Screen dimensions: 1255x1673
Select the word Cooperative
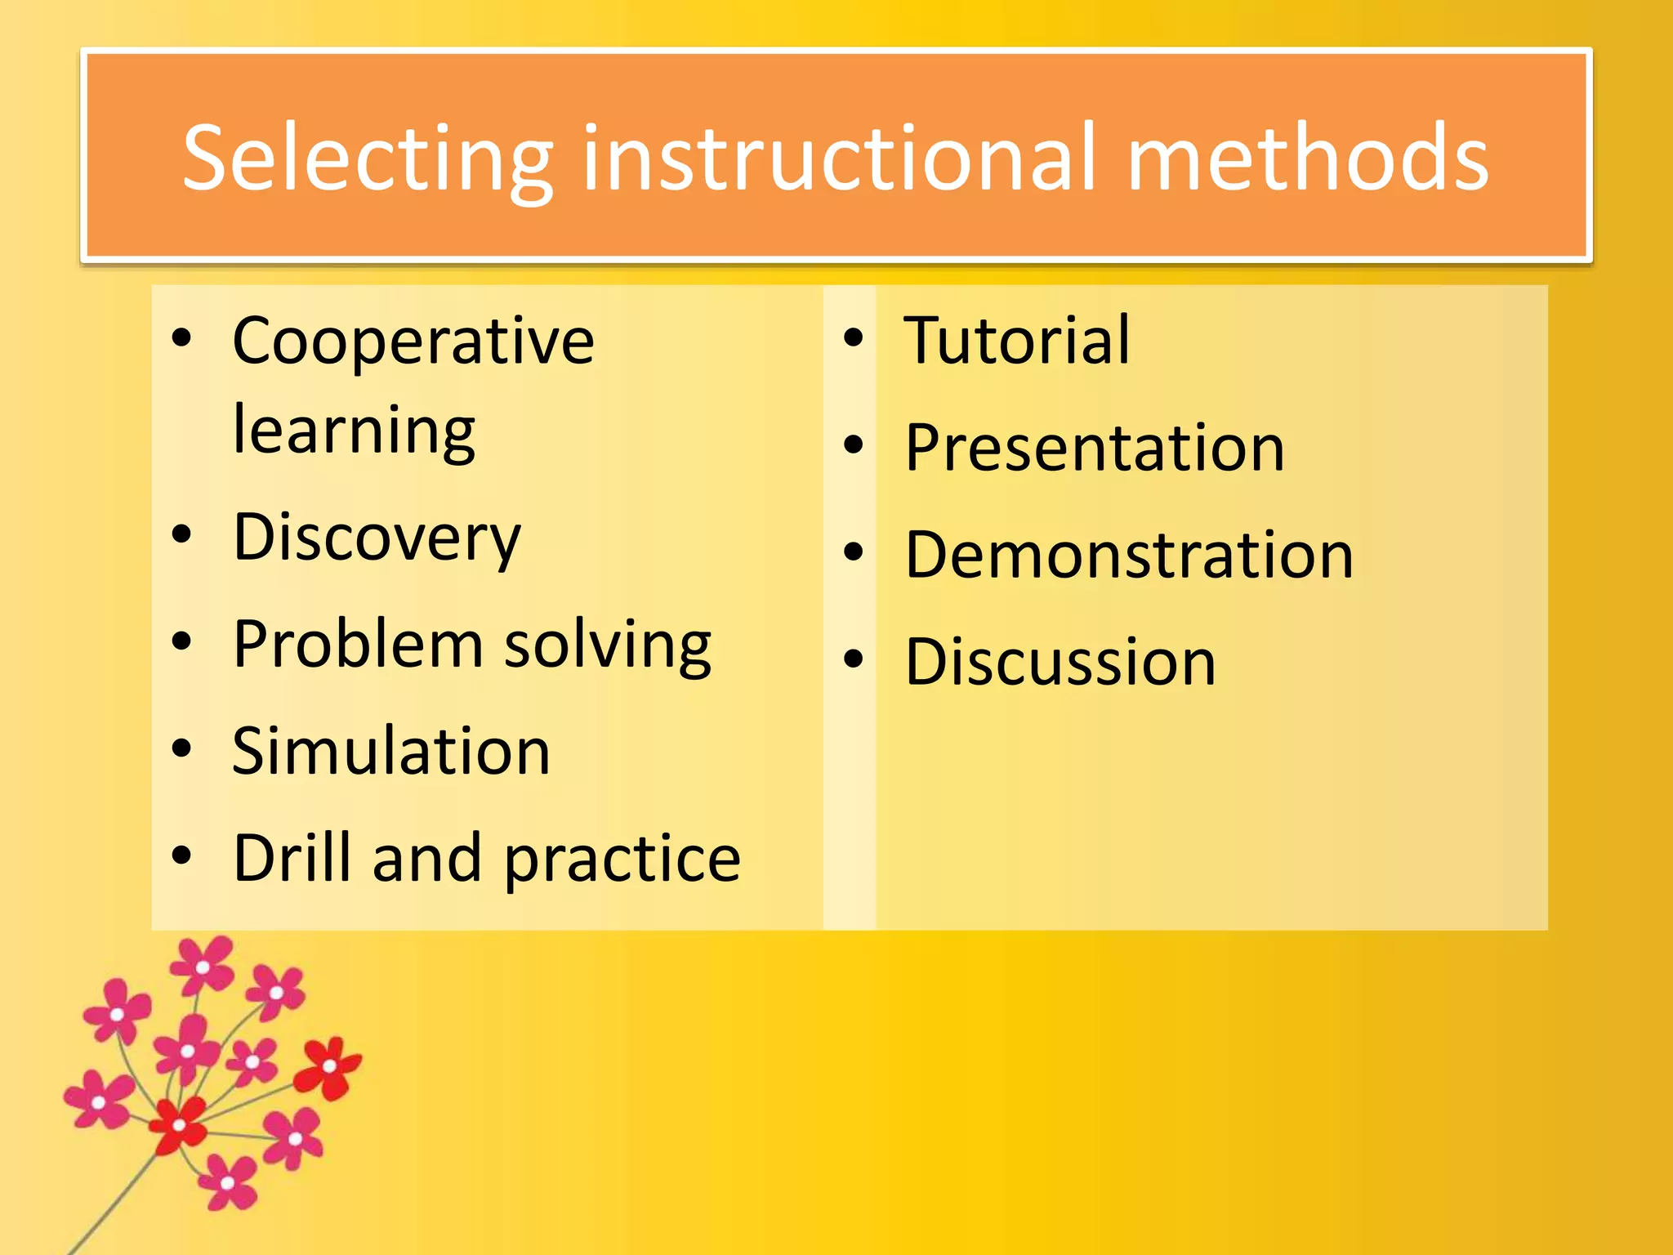pos(413,341)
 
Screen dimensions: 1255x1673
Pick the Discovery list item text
pos(377,538)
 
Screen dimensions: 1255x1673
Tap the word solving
pos(608,646)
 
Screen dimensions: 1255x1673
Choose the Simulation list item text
pos(391,751)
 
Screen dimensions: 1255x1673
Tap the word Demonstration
pos(1129,555)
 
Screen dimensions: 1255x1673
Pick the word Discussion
pos(1060,662)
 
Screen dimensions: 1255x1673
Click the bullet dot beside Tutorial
pos(854,338)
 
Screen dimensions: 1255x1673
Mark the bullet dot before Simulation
pos(181,748)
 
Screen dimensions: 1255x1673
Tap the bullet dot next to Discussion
pos(854,659)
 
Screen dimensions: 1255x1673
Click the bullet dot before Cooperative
pos(181,338)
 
